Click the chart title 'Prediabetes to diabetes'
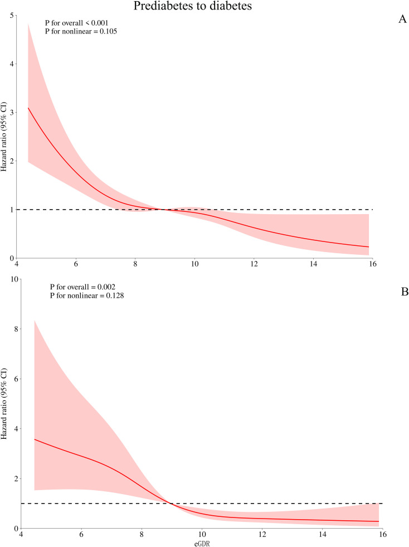coord(192,6)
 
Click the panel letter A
coord(402,19)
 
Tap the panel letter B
coord(405,292)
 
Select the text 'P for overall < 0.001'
coord(77,23)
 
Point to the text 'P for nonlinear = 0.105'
coord(81,31)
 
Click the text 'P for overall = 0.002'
coord(82,287)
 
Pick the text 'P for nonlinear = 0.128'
coord(87,296)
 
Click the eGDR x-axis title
coord(202,543)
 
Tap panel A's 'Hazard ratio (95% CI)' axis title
coord(4,137)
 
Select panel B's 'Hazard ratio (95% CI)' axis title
coord(4,404)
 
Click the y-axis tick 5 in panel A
coord(12,16)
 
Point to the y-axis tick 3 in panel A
coord(12,113)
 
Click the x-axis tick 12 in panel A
coord(254,264)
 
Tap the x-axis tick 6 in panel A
coord(76,264)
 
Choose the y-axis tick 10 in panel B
coord(14,280)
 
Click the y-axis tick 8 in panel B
coord(16,329)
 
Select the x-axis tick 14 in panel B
coord(323,534)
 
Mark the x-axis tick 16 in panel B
coord(383,534)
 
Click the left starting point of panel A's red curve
coord(28,108)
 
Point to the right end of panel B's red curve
coord(379,521)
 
